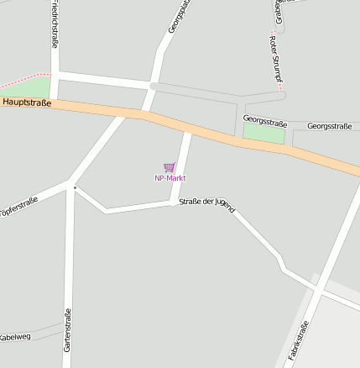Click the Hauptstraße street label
(27, 103)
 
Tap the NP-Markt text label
(170, 178)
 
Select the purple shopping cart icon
(170, 167)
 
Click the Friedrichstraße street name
(55, 24)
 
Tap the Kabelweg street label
(15, 337)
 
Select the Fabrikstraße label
(299, 341)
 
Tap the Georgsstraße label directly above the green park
(264, 120)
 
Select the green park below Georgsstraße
(263, 133)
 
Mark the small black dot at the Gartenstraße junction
(75, 187)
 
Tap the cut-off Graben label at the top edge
(278, 10)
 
